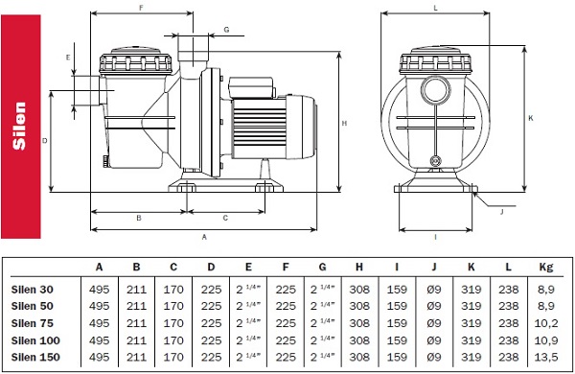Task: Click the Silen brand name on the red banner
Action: tap(19, 126)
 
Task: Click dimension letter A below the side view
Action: tap(204, 237)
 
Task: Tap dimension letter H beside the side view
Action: tap(344, 124)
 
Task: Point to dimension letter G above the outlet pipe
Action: tap(226, 30)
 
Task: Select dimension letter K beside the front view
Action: tap(531, 118)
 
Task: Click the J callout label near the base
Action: tap(502, 212)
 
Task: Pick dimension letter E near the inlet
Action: tap(68, 58)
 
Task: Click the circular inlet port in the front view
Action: tap(435, 90)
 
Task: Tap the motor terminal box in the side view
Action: tap(251, 87)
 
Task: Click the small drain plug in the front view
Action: tap(436, 160)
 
